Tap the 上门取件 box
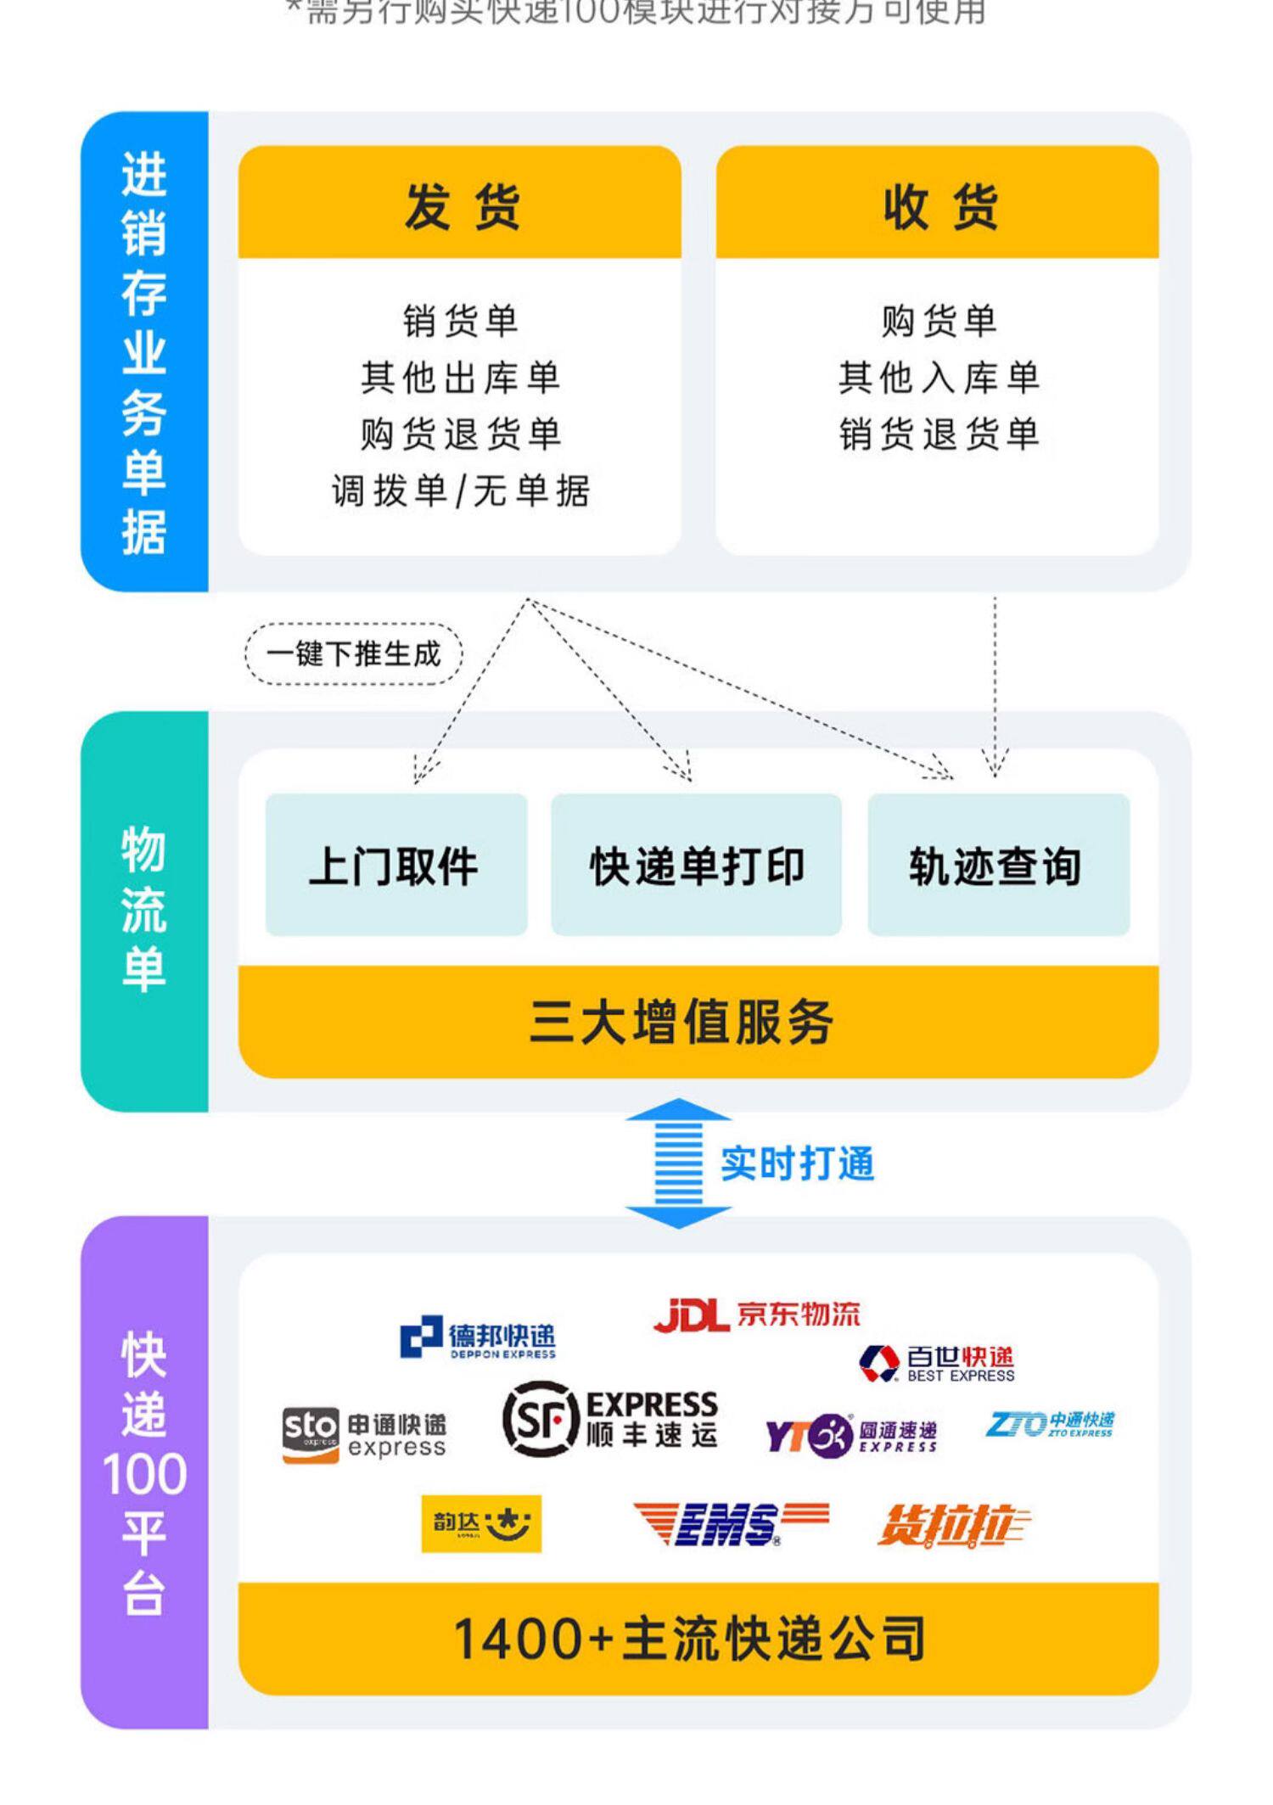(395, 866)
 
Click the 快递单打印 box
(696, 866)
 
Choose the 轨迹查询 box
(998, 866)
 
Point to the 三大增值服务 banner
(698, 1022)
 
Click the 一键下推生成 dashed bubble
(354, 653)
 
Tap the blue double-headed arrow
(678, 1163)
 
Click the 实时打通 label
(797, 1163)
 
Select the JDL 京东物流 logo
(756, 1315)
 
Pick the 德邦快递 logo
(478, 1338)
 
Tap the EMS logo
(731, 1523)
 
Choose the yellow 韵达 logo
(481, 1523)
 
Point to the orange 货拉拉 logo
(952, 1525)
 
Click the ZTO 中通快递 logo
(1049, 1424)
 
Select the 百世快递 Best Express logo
(937, 1364)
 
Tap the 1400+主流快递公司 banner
(698, 1638)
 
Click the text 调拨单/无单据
(459, 490)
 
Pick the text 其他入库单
(939, 378)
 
